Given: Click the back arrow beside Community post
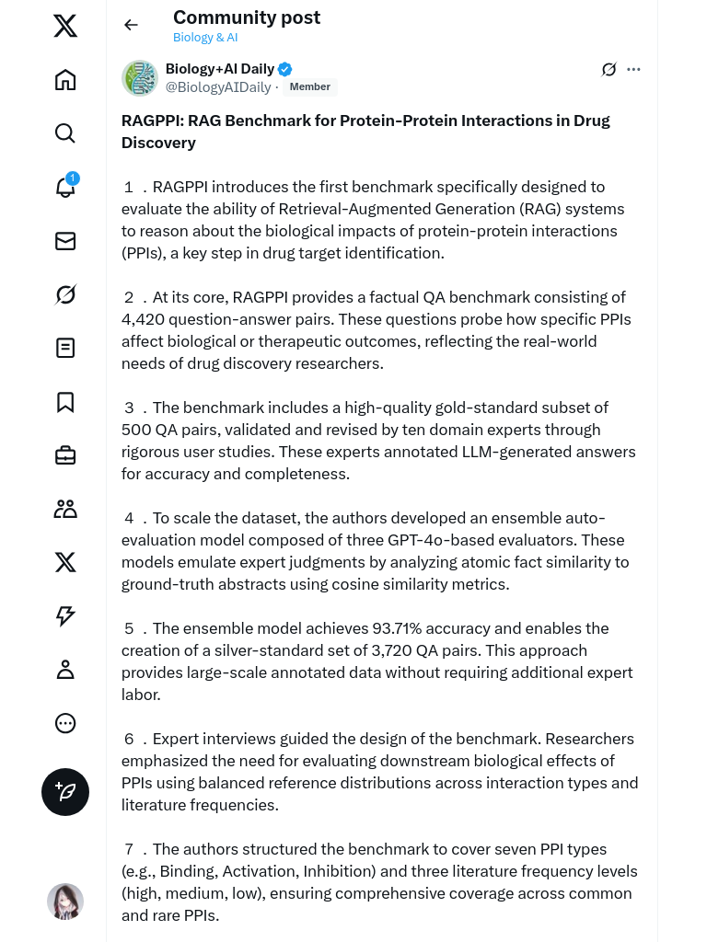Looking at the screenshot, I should pyautogui.click(x=131, y=25).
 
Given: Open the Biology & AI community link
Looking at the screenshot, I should pyautogui.click(x=205, y=38).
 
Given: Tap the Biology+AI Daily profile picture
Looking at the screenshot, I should pyautogui.click(x=140, y=78).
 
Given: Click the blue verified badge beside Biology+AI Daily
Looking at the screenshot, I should pyautogui.click(x=285, y=69).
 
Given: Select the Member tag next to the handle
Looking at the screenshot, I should pyautogui.click(x=309, y=86).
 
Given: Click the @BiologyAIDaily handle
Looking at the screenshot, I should pyautogui.click(x=218, y=87).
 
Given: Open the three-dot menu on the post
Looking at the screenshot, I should pyautogui.click(x=633, y=69).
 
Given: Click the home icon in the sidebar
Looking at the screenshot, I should pyautogui.click(x=65, y=80).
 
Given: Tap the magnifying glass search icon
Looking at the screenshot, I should pyautogui.click(x=65, y=133).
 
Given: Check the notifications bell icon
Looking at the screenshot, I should pyautogui.click(x=65, y=188).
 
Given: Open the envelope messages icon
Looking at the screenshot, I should pyautogui.click(x=65, y=241).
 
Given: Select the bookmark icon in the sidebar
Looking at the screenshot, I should pyautogui.click(x=65, y=402).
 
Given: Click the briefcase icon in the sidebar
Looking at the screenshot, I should pyautogui.click(x=65, y=455).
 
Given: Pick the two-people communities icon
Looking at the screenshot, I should pyautogui.click(x=65, y=509).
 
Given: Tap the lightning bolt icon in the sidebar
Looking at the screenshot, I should pyautogui.click(x=65, y=616).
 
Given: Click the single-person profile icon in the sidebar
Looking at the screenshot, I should pyautogui.click(x=65, y=670).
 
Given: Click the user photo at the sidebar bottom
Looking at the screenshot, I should pyautogui.click(x=65, y=902).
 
